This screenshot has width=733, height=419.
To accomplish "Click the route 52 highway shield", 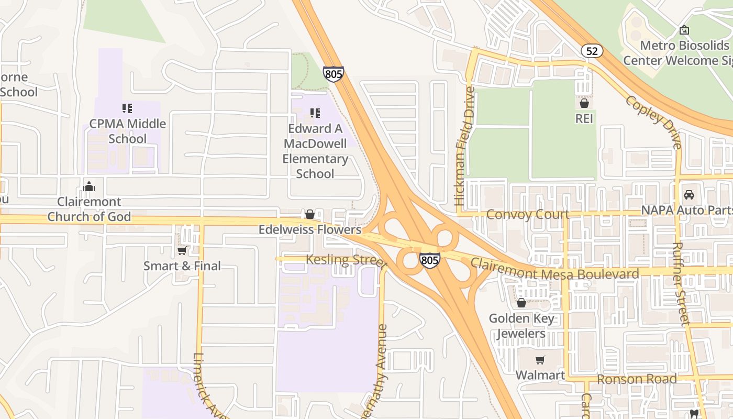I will click(592, 51).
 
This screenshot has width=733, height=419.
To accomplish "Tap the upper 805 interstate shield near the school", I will click(333, 73).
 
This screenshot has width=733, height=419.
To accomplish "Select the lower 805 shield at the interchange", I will click(429, 260).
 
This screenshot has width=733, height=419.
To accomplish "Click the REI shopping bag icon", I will click(584, 103).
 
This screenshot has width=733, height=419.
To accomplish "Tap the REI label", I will click(584, 119).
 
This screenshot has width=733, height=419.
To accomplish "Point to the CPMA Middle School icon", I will click(127, 108).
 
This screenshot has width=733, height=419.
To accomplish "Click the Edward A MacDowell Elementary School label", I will click(315, 151).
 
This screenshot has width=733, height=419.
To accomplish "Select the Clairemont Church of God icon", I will click(89, 186).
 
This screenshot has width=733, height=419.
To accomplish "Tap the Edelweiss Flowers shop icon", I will click(310, 214).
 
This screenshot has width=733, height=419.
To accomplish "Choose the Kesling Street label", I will click(346, 260).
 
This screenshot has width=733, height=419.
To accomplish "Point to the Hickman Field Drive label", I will click(465, 146).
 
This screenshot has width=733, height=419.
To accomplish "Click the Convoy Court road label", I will click(527, 214).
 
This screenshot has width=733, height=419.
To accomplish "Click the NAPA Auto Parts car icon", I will click(689, 194).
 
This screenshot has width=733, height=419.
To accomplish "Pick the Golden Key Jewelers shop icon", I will click(521, 303).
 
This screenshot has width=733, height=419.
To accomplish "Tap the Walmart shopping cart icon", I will click(540, 360).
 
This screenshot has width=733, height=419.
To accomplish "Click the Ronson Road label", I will click(637, 379).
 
